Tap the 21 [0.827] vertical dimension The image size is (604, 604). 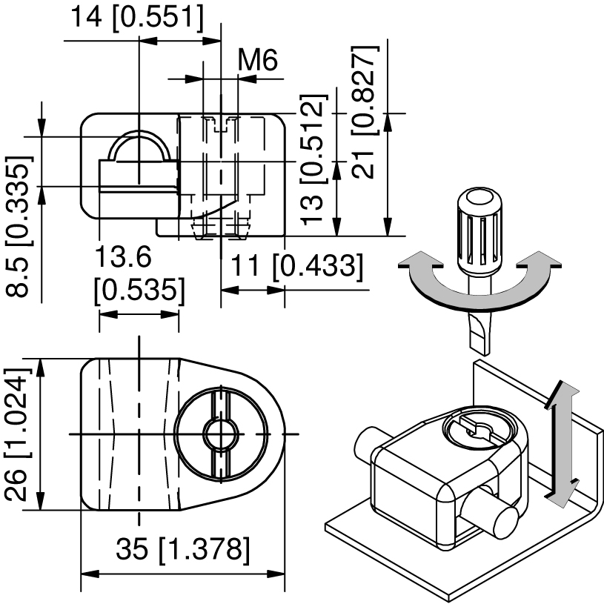coord(365,111)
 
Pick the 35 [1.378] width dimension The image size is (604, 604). coord(182,550)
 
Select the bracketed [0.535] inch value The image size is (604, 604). coord(139,290)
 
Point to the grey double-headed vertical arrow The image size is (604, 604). coord(560,442)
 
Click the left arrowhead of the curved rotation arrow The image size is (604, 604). coord(412,262)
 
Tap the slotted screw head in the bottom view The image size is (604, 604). coord(222,433)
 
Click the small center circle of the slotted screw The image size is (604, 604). coord(222,433)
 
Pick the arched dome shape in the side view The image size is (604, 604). coord(139,147)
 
